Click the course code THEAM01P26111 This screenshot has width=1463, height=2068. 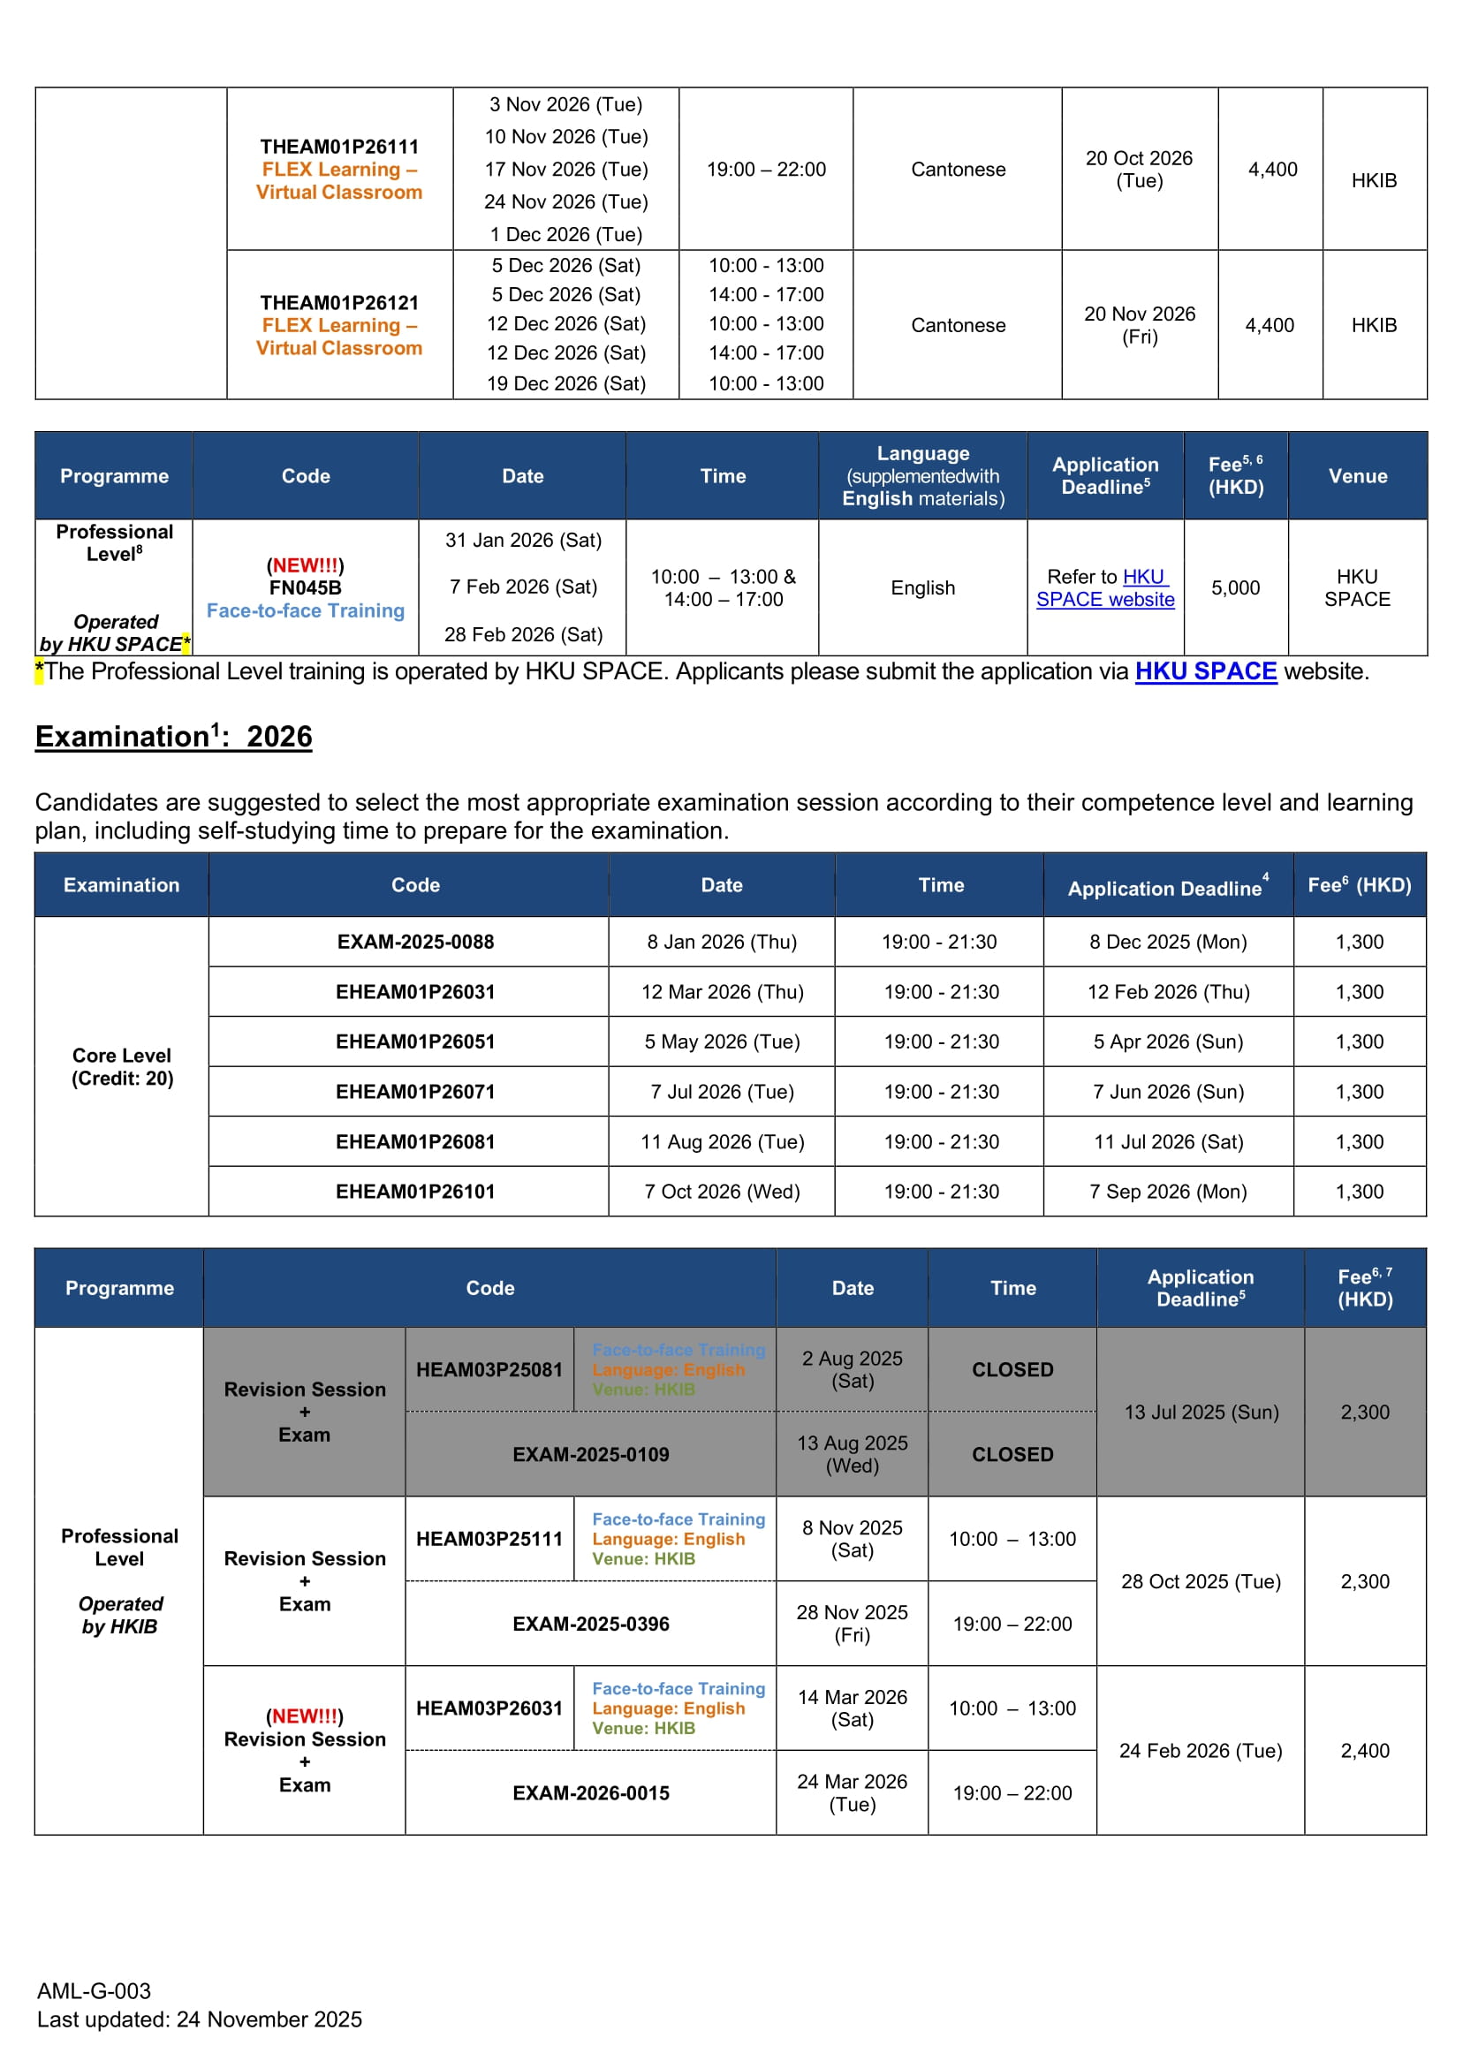coord(338,147)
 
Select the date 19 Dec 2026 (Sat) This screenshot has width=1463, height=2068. coord(565,383)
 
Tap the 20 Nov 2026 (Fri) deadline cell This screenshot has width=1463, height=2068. coord(1139,325)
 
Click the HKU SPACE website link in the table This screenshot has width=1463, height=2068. coord(1105,588)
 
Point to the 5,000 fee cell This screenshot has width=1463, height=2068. coord(1235,588)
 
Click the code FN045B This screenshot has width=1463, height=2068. coord(306,588)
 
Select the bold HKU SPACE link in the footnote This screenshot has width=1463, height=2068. coord(1205,671)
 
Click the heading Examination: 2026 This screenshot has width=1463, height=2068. coord(174,737)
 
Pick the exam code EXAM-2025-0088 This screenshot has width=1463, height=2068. coord(415,943)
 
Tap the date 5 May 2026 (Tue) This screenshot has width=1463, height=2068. coord(722,1042)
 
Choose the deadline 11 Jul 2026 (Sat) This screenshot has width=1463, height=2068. coord(1169,1142)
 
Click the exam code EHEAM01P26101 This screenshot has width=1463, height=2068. coord(415,1192)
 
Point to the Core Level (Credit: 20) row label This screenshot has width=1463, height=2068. coord(122,1067)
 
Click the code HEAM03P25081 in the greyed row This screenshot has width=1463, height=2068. coord(489,1370)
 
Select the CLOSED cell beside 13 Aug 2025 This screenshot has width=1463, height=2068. coord(1012,1455)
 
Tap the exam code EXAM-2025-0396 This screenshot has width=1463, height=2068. coord(590,1624)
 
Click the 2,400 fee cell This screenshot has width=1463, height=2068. coord(1365,1751)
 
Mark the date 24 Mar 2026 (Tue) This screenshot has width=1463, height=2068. coord(852,1793)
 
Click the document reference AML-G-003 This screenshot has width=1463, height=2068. coord(94,1990)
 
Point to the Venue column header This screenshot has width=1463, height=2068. coord(1358,476)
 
